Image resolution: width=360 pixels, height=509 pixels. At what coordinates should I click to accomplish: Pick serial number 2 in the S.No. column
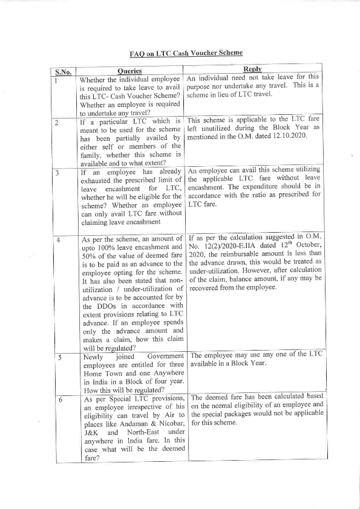56,123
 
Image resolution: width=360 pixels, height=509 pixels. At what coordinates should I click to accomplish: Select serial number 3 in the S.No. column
56,172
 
